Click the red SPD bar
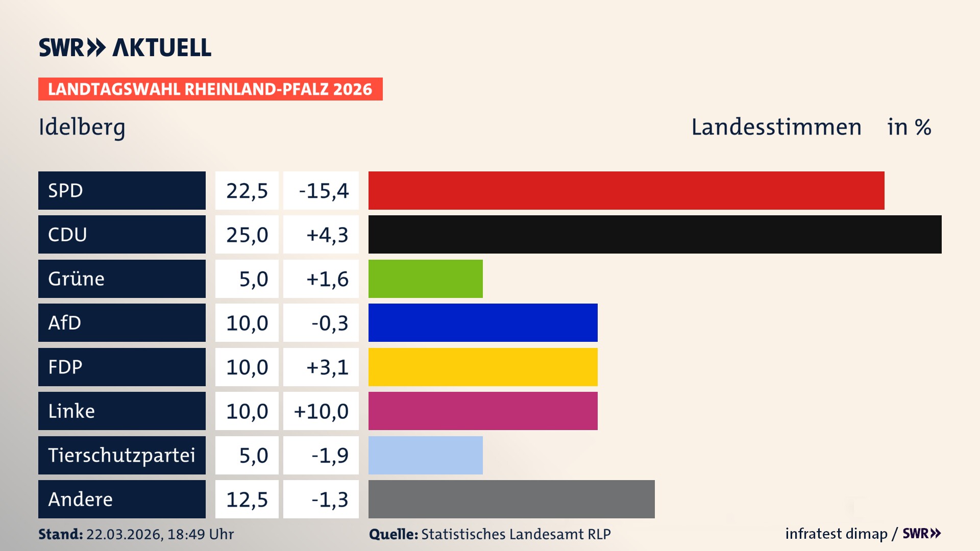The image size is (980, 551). [x=626, y=190]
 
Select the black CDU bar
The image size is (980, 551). [x=655, y=235]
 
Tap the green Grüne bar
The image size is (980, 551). [x=425, y=279]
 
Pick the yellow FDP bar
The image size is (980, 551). [x=483, y=367]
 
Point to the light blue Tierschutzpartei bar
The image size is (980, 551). [x=425, y=455]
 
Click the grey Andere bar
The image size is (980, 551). [x=511, y=499]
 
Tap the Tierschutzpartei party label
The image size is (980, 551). [x=121, y=455]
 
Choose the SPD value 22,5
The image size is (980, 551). [x=247, y=191]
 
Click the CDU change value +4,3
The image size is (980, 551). [x=327, y=235]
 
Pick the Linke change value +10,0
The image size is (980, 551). [x=321, y=411]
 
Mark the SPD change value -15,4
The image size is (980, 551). [x=324, y=191]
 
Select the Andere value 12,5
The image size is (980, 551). [x=247, y=499]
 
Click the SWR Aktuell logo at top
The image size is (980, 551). [x=125, y=47]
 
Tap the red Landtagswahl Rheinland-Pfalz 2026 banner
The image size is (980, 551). [x=210, y=89]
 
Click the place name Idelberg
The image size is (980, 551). [x=82, y=127]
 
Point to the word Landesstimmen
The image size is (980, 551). [x=776, y=127]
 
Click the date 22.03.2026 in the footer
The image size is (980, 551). [x=124, y=534]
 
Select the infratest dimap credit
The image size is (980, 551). [x=836, y=534]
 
